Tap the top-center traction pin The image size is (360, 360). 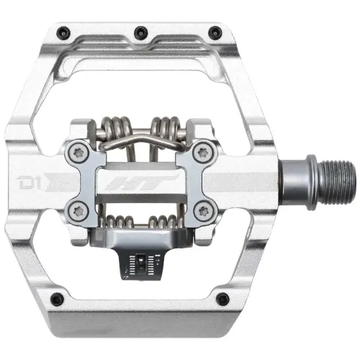tap(138, 31)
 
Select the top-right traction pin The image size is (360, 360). tap(214, 31)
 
